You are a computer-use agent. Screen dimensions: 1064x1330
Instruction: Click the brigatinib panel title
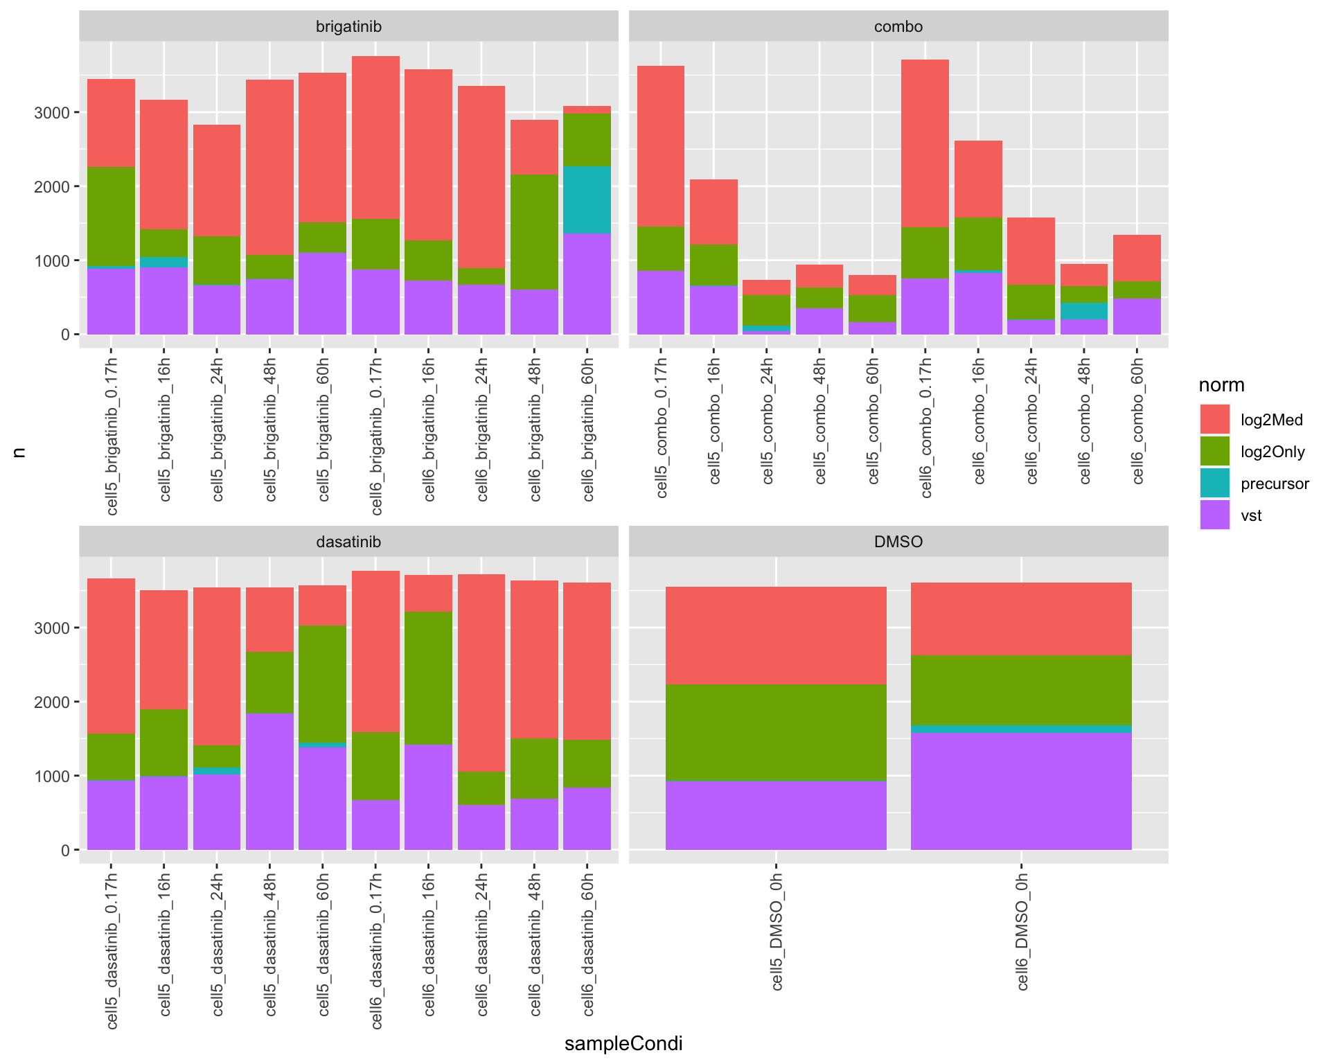pos(348,27)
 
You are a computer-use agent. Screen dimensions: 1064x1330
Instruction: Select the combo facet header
pos(898,27)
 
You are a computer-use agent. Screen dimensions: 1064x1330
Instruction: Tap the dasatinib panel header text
pos(348,542)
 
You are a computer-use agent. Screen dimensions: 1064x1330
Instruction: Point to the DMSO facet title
pos(898,542)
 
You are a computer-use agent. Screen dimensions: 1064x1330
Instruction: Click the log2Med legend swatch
pos(1214,419)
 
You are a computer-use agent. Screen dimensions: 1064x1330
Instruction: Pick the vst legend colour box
pos(1214,515)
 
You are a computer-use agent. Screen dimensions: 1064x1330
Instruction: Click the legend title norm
pos(1221,385)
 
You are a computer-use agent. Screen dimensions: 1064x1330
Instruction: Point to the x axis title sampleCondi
pos(623,1044)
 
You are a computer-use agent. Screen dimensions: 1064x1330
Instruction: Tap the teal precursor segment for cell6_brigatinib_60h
pos(587,199)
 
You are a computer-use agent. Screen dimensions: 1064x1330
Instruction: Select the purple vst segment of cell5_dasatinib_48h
pos(269,781)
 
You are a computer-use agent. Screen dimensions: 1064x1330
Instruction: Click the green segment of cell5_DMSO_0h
pos(776,732)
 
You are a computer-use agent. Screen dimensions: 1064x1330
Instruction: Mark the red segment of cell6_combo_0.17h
pos(925,143)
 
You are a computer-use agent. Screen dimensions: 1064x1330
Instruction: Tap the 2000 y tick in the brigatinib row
pos(51,187)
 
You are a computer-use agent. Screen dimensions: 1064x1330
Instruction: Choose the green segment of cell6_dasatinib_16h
pos(428,678)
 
